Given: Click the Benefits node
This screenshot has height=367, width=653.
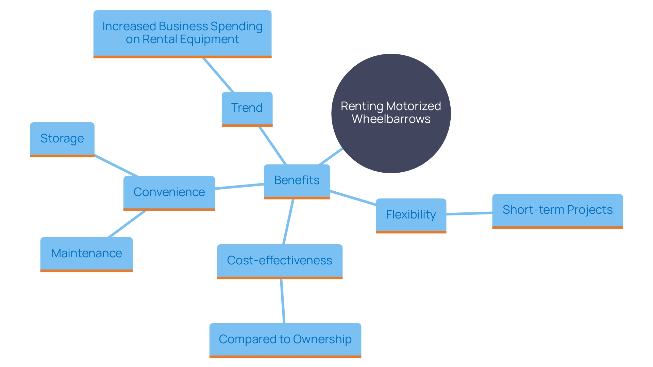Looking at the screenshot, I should (x=297, y=180).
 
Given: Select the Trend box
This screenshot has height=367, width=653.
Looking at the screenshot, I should (x=247, y=108).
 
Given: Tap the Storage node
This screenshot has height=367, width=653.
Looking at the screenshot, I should (x=62, y=139).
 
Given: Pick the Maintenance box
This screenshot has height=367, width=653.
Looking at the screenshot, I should (x=86, y=254).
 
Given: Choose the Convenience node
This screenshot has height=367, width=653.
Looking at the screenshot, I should (x=169, y=192).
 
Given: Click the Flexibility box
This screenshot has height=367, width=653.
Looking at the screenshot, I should (x=411, y=215).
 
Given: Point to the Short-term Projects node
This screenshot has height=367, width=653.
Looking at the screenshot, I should (x=557, y=210).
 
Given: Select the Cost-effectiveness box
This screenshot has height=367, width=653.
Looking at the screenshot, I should (x=280, y=261).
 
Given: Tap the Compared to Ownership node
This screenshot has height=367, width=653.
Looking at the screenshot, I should (x=285, y=339).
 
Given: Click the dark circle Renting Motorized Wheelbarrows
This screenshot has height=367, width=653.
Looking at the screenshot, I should (x=391, y=143).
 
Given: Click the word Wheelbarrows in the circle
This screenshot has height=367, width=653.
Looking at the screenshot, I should (x=391, y=119).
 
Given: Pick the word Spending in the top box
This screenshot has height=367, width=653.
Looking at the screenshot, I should (x=236, y=27).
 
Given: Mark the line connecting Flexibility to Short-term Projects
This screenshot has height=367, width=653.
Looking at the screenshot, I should (x=469, y=213).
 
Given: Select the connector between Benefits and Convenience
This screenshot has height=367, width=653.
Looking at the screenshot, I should (x=239, y=186).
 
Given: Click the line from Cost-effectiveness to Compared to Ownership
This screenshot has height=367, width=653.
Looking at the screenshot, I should (x=282, y=301).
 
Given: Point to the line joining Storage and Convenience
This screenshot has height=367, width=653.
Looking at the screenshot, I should (x=116, y=166).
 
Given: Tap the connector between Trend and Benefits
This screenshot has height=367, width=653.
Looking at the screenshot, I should (x=272, y=145).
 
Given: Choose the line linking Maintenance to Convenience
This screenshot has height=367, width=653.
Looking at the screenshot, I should (x=127, y=224).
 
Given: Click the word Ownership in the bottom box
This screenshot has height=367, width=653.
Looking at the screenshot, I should (x=322, y=339).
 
